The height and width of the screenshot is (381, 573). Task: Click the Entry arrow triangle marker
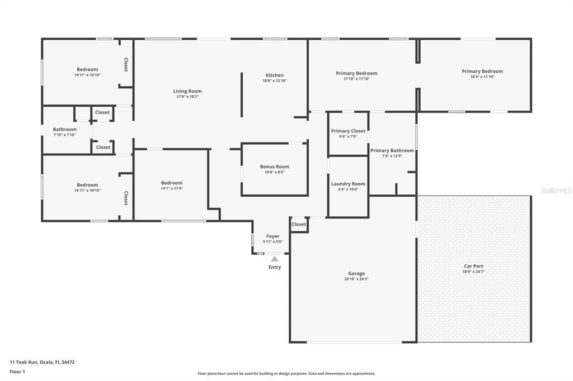[x=274, y=259]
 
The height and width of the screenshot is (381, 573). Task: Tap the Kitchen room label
[x=274, y=75]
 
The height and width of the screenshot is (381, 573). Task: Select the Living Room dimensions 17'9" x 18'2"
[x=187, y=97]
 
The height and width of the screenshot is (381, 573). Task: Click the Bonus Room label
[x=274, y=166]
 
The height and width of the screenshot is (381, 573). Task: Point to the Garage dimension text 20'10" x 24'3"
[x=356, y=279]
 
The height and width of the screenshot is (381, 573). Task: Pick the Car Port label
[x=473, y=266]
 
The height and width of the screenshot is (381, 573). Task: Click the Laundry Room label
[x=348, y=184]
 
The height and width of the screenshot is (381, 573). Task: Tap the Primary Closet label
[x=348, y=131]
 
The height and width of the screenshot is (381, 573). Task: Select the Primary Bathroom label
[x=392, y=150]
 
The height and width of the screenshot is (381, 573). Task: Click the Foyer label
[x=273, y=236]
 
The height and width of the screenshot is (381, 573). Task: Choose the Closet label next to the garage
[x=299, y=225]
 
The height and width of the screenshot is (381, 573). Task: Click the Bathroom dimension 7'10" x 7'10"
[x=64, y=135]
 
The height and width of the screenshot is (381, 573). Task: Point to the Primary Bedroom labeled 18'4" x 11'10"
[x=482, y=71]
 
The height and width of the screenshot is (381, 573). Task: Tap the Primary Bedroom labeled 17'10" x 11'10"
[x=356, y=73]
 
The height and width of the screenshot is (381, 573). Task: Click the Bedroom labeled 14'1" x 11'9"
[x=171, y=183]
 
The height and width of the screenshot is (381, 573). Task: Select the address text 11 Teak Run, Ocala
[x=42, y=362]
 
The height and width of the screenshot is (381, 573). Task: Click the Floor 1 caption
[x=18, y=372]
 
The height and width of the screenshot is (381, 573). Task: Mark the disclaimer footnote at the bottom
[x=286, y=374]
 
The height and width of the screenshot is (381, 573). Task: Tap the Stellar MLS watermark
[x=556, y=190]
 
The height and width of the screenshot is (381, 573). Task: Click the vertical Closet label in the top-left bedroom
[x=126, y=65]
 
